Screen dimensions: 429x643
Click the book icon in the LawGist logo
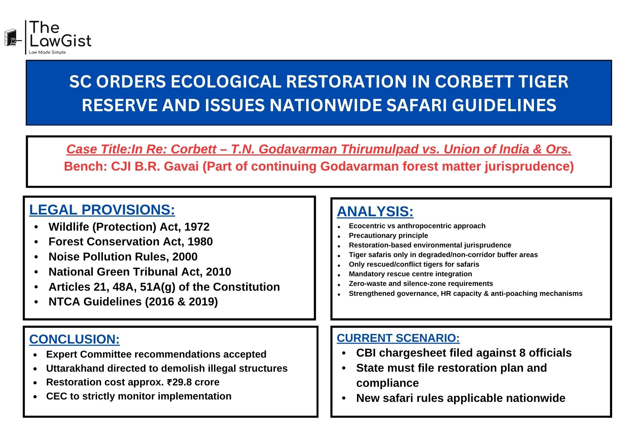click(11, 38)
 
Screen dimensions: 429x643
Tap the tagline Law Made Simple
click(47, 53)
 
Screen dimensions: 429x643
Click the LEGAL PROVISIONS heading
click(102, 210)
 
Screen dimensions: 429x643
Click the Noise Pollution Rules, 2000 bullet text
click(123, 257)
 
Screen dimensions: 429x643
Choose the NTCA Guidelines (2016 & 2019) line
click(133, 302)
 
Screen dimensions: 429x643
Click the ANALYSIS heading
click(375, 211)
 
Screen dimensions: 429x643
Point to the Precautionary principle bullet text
click(388, 235)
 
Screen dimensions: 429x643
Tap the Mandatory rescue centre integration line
click(410, 274)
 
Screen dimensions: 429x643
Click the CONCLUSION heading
click(74, 339)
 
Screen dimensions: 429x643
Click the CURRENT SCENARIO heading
click(398, 338)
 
